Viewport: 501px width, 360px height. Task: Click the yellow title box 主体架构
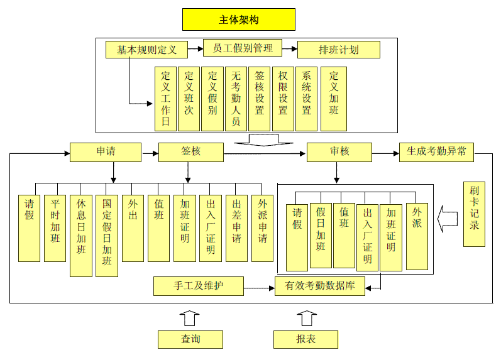(238, 19)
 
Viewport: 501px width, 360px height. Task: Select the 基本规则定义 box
(146, 49)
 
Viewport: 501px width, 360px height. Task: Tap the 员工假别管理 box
(243, 48)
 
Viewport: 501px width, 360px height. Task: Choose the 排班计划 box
(338, 50)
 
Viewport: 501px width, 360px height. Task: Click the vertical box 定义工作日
(165, 99)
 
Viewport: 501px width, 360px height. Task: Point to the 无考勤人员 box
(236, 99)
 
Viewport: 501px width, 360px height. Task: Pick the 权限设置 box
(283, 99)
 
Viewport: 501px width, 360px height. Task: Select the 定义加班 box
(333, 99)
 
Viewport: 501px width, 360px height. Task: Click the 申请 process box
(105, 152)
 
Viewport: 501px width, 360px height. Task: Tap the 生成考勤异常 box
(436, 152)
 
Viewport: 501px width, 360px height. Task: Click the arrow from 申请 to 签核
(150, 152)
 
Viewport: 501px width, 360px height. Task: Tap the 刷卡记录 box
(474, 214)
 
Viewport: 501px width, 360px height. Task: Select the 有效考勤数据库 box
(320, 286)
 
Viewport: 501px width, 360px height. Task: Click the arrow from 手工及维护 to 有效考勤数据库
(258, 286)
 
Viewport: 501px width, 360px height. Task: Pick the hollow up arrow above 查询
(189, 317)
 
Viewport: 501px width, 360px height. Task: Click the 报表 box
(306, 339)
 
